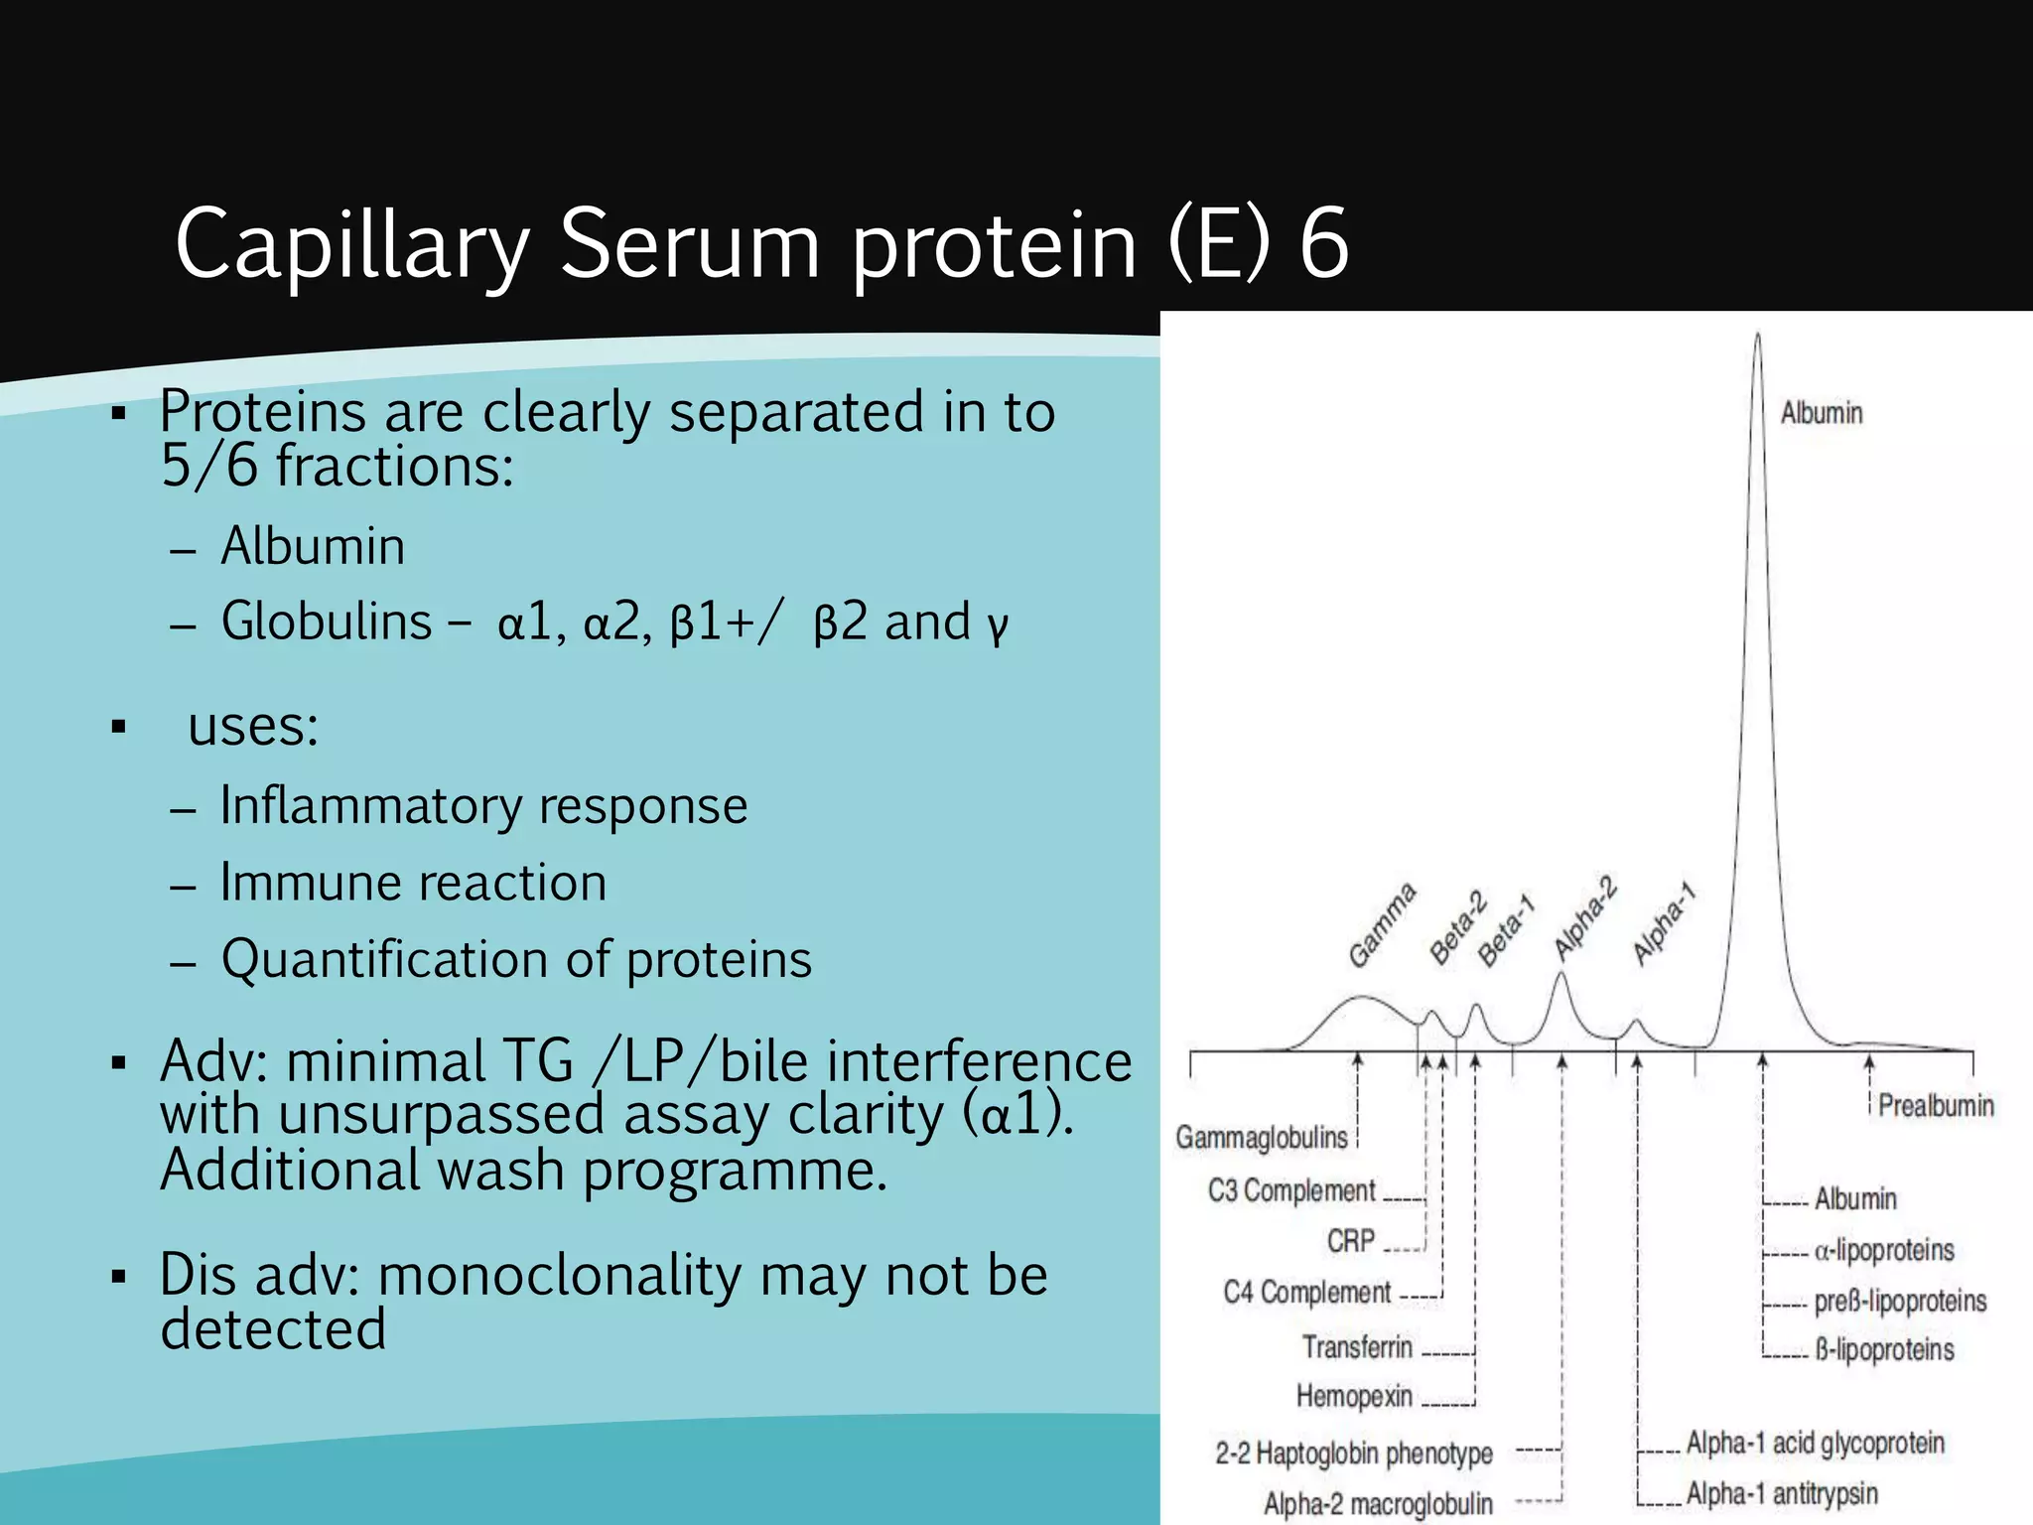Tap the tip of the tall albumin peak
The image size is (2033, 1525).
pos(1757,336)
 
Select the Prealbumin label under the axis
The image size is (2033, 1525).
pos(1935,1106)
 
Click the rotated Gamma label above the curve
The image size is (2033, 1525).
pos(1382,924)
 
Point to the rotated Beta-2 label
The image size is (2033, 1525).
pos(1458,928)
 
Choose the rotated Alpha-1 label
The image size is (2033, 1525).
pos(1665,922)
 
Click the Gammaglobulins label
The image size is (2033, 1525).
pos(1262,1138)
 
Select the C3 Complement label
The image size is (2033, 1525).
pos(1290,1190)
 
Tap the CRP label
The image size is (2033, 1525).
pos(1350,1241)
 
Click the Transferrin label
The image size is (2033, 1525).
pos(1357,1347)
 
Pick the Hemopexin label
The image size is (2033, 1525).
pos(1354,1397)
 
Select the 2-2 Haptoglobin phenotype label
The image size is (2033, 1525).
pos(1354,1454)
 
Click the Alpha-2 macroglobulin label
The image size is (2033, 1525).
pos(1378,1504)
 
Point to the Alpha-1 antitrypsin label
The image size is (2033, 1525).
pos(1782,1494)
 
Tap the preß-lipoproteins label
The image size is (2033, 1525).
pos(1900,1302)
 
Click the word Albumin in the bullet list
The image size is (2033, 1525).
pos(313,546)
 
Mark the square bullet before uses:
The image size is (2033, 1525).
pos(119,728)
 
